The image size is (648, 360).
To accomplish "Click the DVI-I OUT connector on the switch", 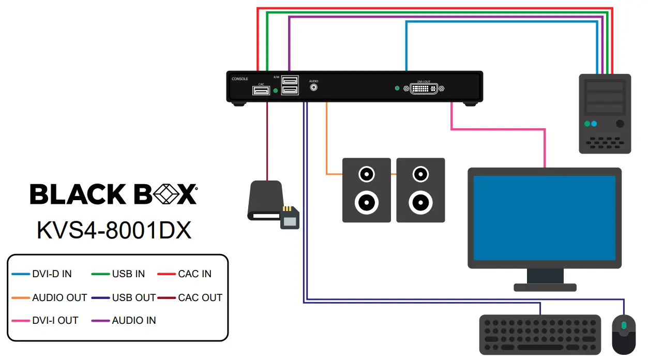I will click(427, 88).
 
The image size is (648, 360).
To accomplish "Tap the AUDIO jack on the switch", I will click(313, 88).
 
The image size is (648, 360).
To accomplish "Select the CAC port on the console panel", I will click(261, 91).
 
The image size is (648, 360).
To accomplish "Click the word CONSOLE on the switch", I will click(239, 79).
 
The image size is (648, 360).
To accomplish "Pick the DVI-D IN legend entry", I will click(52, 274).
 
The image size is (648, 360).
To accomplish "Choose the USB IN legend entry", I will click(128, 274).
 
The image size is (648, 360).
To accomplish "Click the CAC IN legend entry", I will click(194, 274).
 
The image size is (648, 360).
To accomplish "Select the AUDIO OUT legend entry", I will click(59, 297).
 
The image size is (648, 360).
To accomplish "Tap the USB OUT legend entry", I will click(133, 297).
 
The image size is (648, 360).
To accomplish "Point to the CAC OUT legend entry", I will click(200, 297).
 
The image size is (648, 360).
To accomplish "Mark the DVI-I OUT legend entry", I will click(55, 320).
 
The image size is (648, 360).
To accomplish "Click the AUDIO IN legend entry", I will click(133, 320).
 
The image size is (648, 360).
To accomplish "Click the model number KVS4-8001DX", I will click(114, 231).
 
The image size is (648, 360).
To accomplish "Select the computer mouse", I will click(624, 334).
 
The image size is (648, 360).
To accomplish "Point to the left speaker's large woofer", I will click(367, 202).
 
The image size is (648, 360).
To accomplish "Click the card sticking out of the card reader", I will click(289, 218).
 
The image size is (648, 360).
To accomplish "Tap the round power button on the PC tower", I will click(620, 124).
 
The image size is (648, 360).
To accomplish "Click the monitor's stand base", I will click(545, 287).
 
